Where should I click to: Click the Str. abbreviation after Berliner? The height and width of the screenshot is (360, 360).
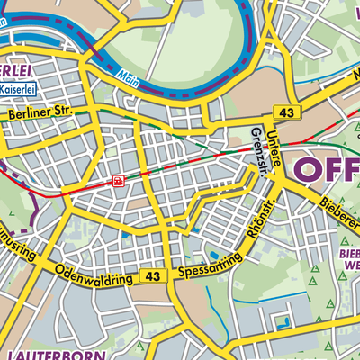coord(68,112)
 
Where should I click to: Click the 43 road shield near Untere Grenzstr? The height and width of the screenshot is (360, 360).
coord(286,112)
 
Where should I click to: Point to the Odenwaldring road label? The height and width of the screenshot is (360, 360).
coord(94,274)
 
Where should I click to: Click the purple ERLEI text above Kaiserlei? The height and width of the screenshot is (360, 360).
coord(18,70)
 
